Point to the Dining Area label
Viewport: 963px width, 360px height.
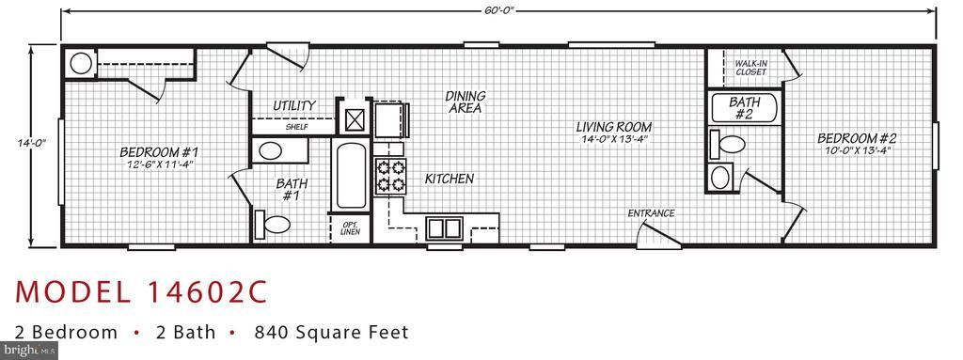pyautogui.click(x=465, y=102)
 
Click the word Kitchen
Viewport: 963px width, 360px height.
pyautogui.click(x=449, y=179)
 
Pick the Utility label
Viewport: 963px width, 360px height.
pyautogui.click(x=294, y=105)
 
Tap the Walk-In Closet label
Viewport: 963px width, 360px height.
pyautogui.click(x=751, y=67)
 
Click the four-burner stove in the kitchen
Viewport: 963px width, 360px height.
pyautogui.click(x=390, y=175)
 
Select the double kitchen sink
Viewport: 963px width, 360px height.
pyautogui.click(x=444, y=227)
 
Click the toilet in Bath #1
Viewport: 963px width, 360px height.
pyautogui.click(x=272, y=225)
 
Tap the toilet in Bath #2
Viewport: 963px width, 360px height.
pyautogui.click(x=727, y=145)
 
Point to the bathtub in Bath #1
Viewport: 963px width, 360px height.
pyautogui.click(x=351, y=175)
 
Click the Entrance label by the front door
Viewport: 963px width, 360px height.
pyautogui.click(x=651, y=213)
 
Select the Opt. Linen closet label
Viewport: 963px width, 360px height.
pyautogui.click(x=350, y=227)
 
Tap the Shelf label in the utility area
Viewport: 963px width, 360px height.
pyautogui.click(x=296, y=127)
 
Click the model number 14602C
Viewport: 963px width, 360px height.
pyautogui.click(x=207, y=291)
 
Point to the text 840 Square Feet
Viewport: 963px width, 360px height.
pyautogui.click(x=332, y=333)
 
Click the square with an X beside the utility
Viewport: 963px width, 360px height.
pyautogui.click(x=355, y=119)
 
